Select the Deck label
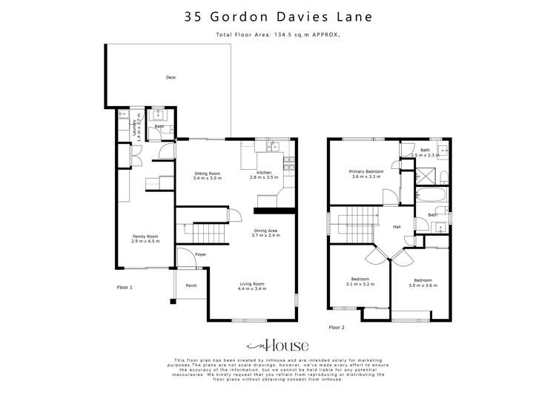(171, 77)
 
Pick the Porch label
(191, 285)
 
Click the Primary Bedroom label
(365, 174)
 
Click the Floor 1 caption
(125, 286)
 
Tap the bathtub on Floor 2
(429, 196)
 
